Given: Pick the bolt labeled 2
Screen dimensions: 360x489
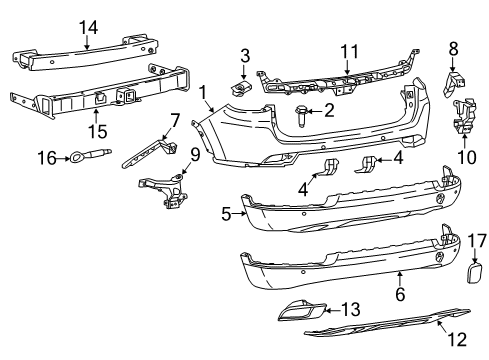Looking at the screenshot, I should point(300,118).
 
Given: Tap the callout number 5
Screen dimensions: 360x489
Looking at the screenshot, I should point(226,212).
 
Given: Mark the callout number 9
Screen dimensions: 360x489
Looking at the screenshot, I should point(195,155).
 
